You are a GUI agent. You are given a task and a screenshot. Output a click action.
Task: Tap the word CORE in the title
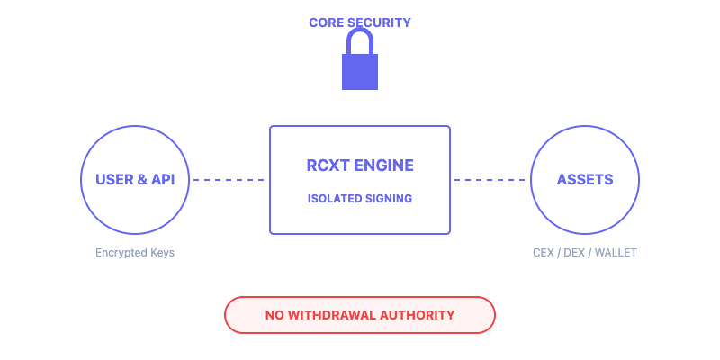pyautogui.click(x=327, y=22)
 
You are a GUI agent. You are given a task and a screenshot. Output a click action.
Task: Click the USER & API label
pyautogui.click(x=135, y=179)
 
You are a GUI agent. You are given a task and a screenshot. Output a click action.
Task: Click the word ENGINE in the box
pyautogui.click(x=384, y=166)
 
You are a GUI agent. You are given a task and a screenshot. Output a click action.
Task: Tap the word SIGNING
pyautogui.click(x=390, y=198)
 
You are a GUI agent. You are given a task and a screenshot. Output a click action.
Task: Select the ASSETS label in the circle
pyautogui.click(x=585, y=179)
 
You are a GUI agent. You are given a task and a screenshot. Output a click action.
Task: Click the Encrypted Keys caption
pyautogui.click(x=135, y=253)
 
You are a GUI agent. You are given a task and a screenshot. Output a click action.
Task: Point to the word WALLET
pyautogui.click(x=616, y=253)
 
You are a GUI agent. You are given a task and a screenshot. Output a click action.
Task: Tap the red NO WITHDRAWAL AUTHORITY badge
pyautogui.click(x=360, y=315)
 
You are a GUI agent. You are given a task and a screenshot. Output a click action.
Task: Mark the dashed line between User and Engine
pyautogui.click(x=229, y=180)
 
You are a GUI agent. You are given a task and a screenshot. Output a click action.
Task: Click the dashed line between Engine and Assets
pyautogui.click(x=490, y=180)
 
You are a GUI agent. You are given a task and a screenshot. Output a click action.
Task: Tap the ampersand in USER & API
pyautogui.click(x=141, y=179)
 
